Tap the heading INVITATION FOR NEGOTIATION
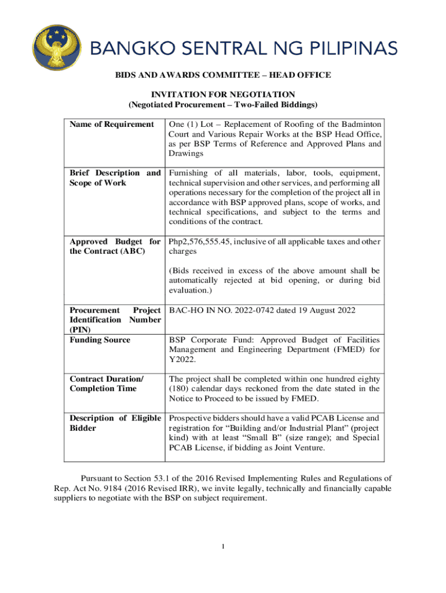pyautogui.click(x=224, y=94)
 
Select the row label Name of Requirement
pyautogui.click(x=112, y=125)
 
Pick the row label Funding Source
pyautogui.click(x=100, y=340)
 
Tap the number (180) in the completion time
pyautogui.click(x=180, y=389)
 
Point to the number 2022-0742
pyautogui.click(x=259, y=310)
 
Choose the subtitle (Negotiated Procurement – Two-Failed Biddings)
pyautogui.click(x=224, y=105)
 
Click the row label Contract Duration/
pyautogui.click(x=106, y=379)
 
